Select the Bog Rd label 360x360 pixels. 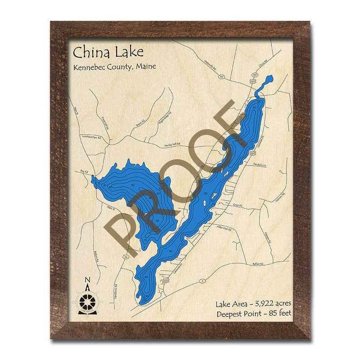(x=83, y=171)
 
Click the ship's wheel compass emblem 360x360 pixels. (x=88, y=301)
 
